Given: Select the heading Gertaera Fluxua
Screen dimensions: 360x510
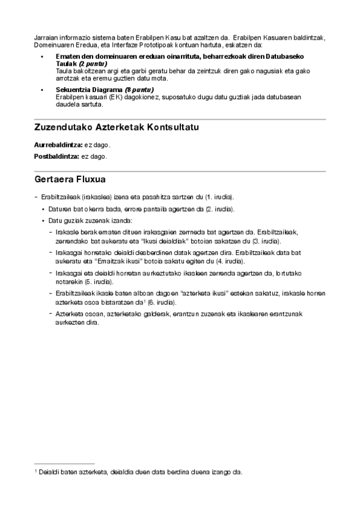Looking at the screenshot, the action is (x=71, y=179).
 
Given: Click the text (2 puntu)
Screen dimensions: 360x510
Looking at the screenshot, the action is (x=93, y=63).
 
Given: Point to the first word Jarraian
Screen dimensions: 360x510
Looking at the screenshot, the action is (x=46, y=38).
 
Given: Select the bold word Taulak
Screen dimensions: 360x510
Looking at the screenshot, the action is (x=67, y=63).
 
